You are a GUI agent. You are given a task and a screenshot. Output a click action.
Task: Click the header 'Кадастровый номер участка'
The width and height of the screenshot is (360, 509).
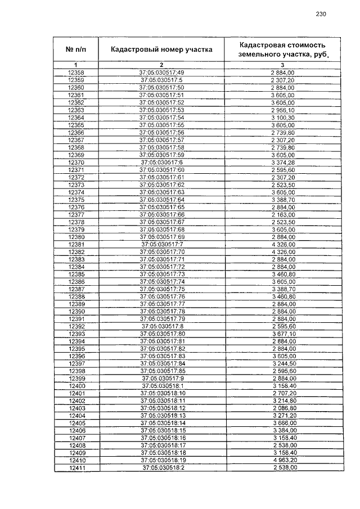coord(161,49)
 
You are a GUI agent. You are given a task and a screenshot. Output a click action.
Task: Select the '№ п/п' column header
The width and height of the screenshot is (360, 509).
coord(76,49)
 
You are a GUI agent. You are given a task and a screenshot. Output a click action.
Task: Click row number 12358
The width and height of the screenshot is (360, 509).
coord(76,73)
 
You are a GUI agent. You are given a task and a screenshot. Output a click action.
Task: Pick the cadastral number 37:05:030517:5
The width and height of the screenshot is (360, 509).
coord(161,80)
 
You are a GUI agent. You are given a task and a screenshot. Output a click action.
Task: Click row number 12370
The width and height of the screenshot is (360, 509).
coord(76,163)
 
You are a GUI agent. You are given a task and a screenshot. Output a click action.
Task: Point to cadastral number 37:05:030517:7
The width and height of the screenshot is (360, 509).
coord(161,245)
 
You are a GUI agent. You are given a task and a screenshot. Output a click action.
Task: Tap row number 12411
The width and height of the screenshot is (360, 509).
coord(76,467)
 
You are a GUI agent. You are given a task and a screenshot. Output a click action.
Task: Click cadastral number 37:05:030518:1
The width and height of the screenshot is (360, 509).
coord(161,386)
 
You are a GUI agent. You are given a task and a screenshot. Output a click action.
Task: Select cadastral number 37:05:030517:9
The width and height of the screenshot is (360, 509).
coord(161,379)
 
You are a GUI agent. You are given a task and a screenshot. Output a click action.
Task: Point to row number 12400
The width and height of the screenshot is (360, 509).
coord(76,386)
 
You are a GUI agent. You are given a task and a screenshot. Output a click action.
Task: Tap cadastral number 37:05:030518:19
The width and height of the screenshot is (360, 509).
coord(161,460)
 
